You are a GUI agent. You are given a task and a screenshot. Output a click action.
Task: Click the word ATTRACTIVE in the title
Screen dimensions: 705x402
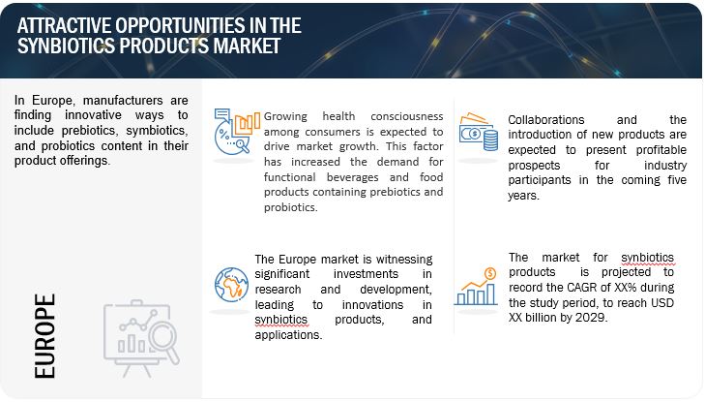pyautogui.click(x=64, y=25)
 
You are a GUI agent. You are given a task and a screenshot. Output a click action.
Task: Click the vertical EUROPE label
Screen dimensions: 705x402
pyautogui.click(x=44, y=336)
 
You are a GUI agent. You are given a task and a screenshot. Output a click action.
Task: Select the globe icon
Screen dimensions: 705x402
pyautogui.click(x=231, y=285)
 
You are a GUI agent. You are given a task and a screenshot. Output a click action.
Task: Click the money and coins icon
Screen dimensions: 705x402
pyautogui.click(x=479, y=132)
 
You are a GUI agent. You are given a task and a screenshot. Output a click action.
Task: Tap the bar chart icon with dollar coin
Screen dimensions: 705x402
pyautogui.click(x=476, y=287)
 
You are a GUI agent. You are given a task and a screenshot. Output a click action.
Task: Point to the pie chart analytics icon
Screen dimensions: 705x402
pyautogui.click(x=237, y=132)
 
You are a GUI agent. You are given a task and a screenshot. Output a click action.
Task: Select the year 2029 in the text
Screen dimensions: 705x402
pyautogui.click(x=592, y=318)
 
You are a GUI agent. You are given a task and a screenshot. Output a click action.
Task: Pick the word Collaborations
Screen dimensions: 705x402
pyautogui.click(x=545, y=120)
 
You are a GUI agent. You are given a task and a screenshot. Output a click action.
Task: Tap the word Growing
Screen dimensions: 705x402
pyautogui.click(x=285, y=116)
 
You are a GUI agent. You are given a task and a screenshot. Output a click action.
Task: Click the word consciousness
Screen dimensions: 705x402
pyautogui.click(x=407, y=116)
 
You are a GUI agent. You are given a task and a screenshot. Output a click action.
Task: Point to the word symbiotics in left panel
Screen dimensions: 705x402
pyautogui.click(x=156, y=131)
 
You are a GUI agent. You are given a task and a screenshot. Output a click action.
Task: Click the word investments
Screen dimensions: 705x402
pyautogui.click(x=366, y=274)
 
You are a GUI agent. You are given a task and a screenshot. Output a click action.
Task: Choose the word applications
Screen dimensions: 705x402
pyautogui.click(x=288, y=335)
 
